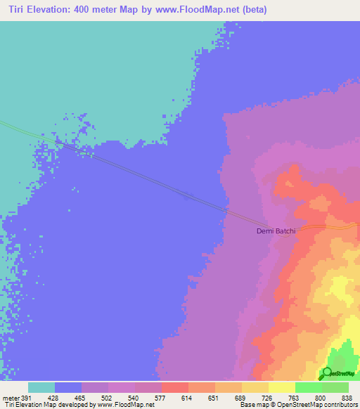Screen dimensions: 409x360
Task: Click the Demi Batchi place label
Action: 276,231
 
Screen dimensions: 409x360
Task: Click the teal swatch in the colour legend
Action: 41,387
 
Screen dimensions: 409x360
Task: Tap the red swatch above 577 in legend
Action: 174,387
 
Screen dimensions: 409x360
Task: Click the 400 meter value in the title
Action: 100,11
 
